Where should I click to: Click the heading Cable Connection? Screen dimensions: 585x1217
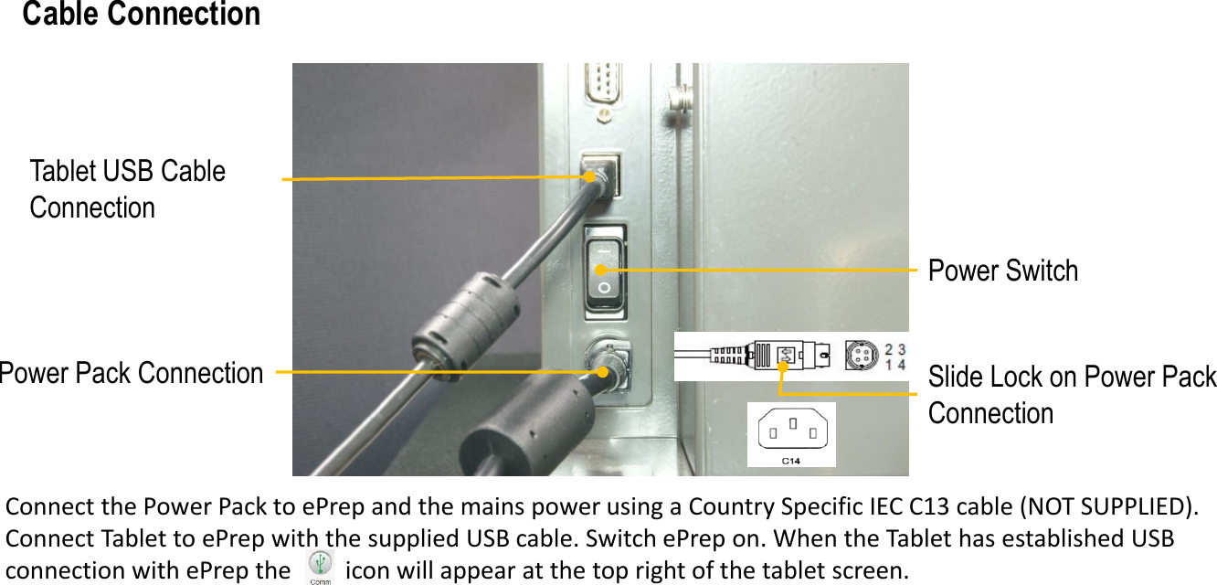pos(142,15)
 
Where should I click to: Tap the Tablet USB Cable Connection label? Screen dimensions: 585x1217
pos(127,189)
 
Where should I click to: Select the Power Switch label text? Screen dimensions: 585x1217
pos(1002,271)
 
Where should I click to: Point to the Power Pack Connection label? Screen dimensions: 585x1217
pos(132,373)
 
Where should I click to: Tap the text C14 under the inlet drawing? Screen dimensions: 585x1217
pos(791,461)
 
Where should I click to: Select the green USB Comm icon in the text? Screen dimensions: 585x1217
pos(320,567)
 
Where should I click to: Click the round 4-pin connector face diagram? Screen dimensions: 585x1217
pos(861,356)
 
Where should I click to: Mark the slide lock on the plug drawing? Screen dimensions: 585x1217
pos(784,356)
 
